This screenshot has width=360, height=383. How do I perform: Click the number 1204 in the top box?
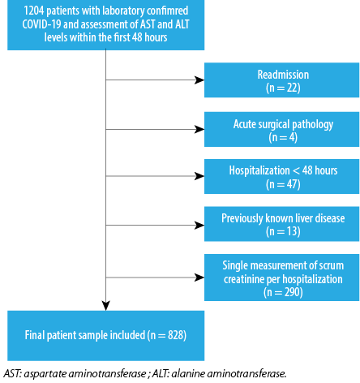(x=34, y=11)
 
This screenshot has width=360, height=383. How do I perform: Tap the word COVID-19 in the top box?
(x=41, y=24)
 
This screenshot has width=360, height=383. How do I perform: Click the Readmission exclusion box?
(x=281, y=80)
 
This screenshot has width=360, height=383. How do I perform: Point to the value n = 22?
(x=283, y=88)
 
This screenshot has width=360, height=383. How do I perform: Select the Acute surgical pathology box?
(x=281, y=129)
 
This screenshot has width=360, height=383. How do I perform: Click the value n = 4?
(x=283, y=137)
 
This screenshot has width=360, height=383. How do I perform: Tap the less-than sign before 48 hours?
(x=296, y=170)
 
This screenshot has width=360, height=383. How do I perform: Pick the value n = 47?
(x=283, y=184)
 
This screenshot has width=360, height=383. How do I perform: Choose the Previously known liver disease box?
(x=281, y=224)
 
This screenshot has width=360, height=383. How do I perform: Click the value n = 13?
(x=283, y=231)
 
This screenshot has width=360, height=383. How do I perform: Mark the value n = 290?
(x=283, y=292)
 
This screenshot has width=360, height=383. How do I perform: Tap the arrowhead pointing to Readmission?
(x=199, y=80)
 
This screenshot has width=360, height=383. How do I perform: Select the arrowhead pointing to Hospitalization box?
(x=199, y=176)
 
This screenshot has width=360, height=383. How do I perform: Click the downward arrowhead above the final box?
(x=106, y=306)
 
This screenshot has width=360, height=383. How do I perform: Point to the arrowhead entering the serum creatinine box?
(x=199, y=278)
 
